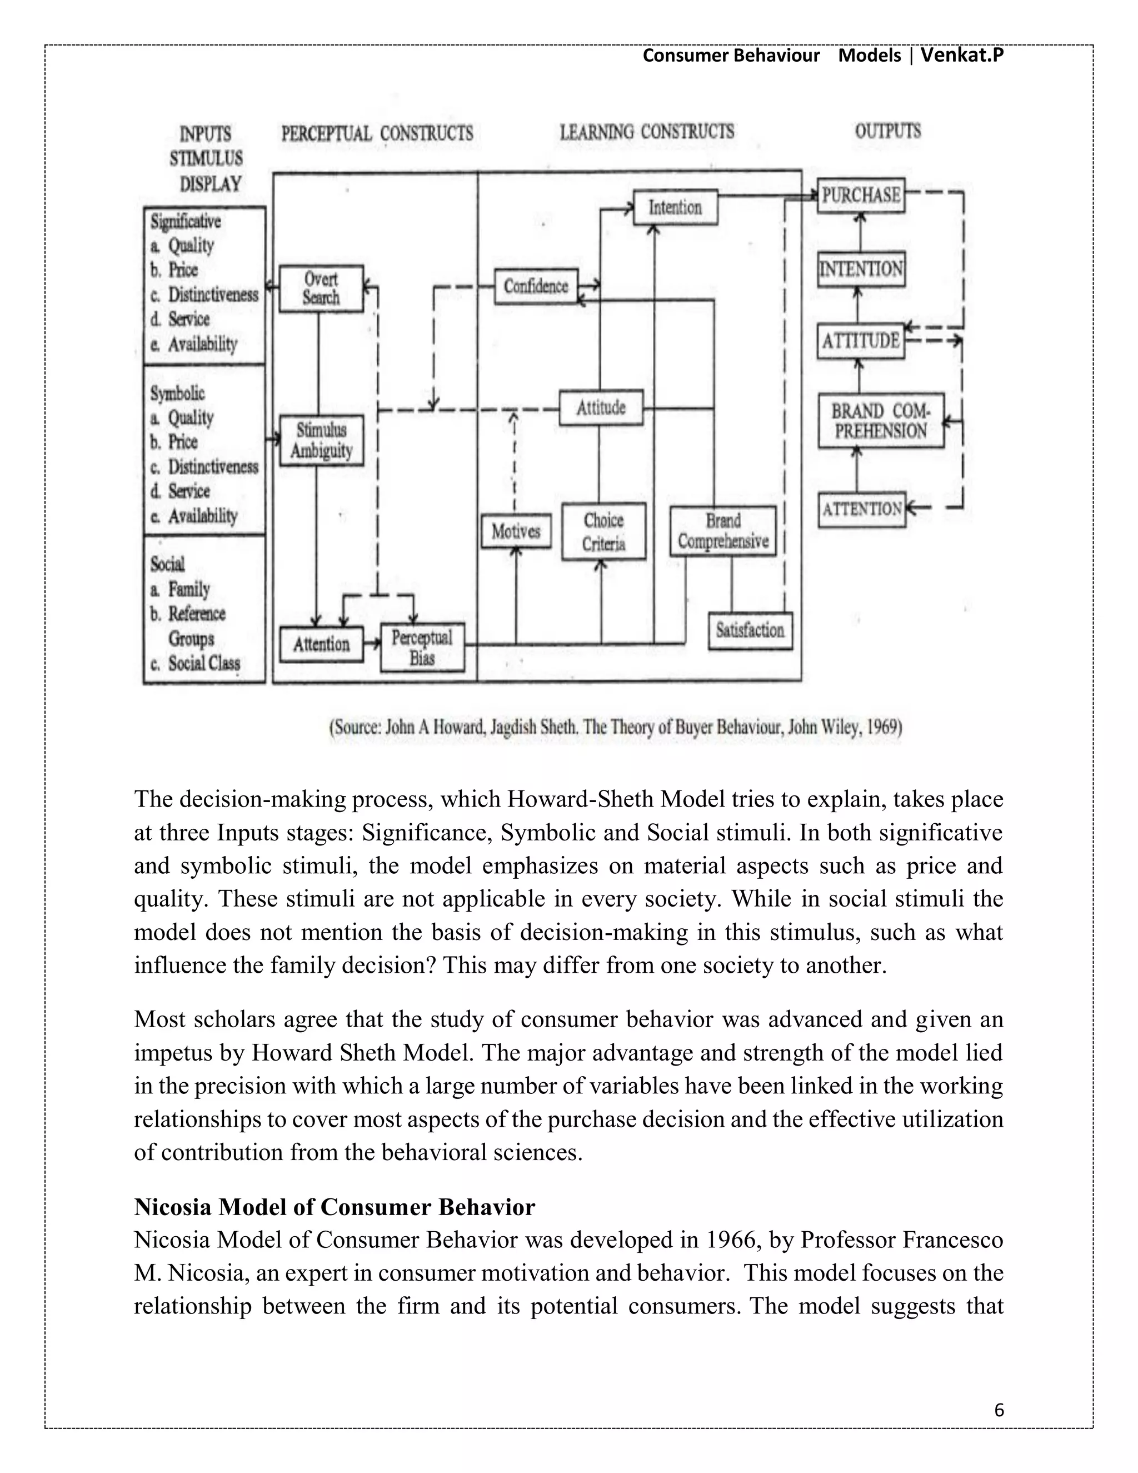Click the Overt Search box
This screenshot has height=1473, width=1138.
[x=321, y=288]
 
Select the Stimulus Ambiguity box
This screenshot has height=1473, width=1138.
[x=322, y=440]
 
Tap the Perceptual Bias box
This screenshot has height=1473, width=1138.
[x=422, y=648]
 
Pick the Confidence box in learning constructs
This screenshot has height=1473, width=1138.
[x=536, y=286]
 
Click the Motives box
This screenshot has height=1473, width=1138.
[x=516, y=531]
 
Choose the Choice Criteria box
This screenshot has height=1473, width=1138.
[x=603, y=531]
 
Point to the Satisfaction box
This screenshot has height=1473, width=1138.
[x=750, y=631]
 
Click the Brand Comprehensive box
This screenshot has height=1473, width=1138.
[x=723, y=531]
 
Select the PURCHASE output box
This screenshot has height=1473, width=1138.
[x=861, y=196]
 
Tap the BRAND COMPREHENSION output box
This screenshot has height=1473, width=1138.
[x=881, y=421]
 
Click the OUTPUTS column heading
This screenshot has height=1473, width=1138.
[x=887, y=131]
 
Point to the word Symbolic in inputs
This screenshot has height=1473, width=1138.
[x=177, y=393]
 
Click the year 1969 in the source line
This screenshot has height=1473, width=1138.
[x=884, y=727]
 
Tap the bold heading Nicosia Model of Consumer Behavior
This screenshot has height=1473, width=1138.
[x=335, y=1207]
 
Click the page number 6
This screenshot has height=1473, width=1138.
[x=999, y=1410]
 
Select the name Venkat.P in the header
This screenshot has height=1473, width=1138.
[x=962, y=55]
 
